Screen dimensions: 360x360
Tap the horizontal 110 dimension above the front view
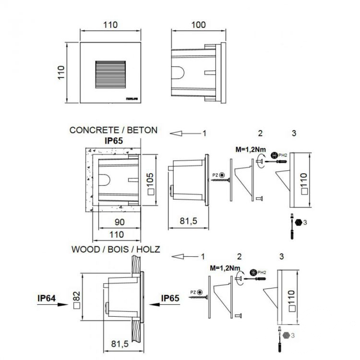tap(110, 24)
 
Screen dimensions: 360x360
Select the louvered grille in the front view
tap(110, 75)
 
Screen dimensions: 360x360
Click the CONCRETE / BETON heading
tap(113, 130)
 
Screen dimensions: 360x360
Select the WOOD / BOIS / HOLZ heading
tap(116, 250)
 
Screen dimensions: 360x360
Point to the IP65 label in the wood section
tap(171, 298)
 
